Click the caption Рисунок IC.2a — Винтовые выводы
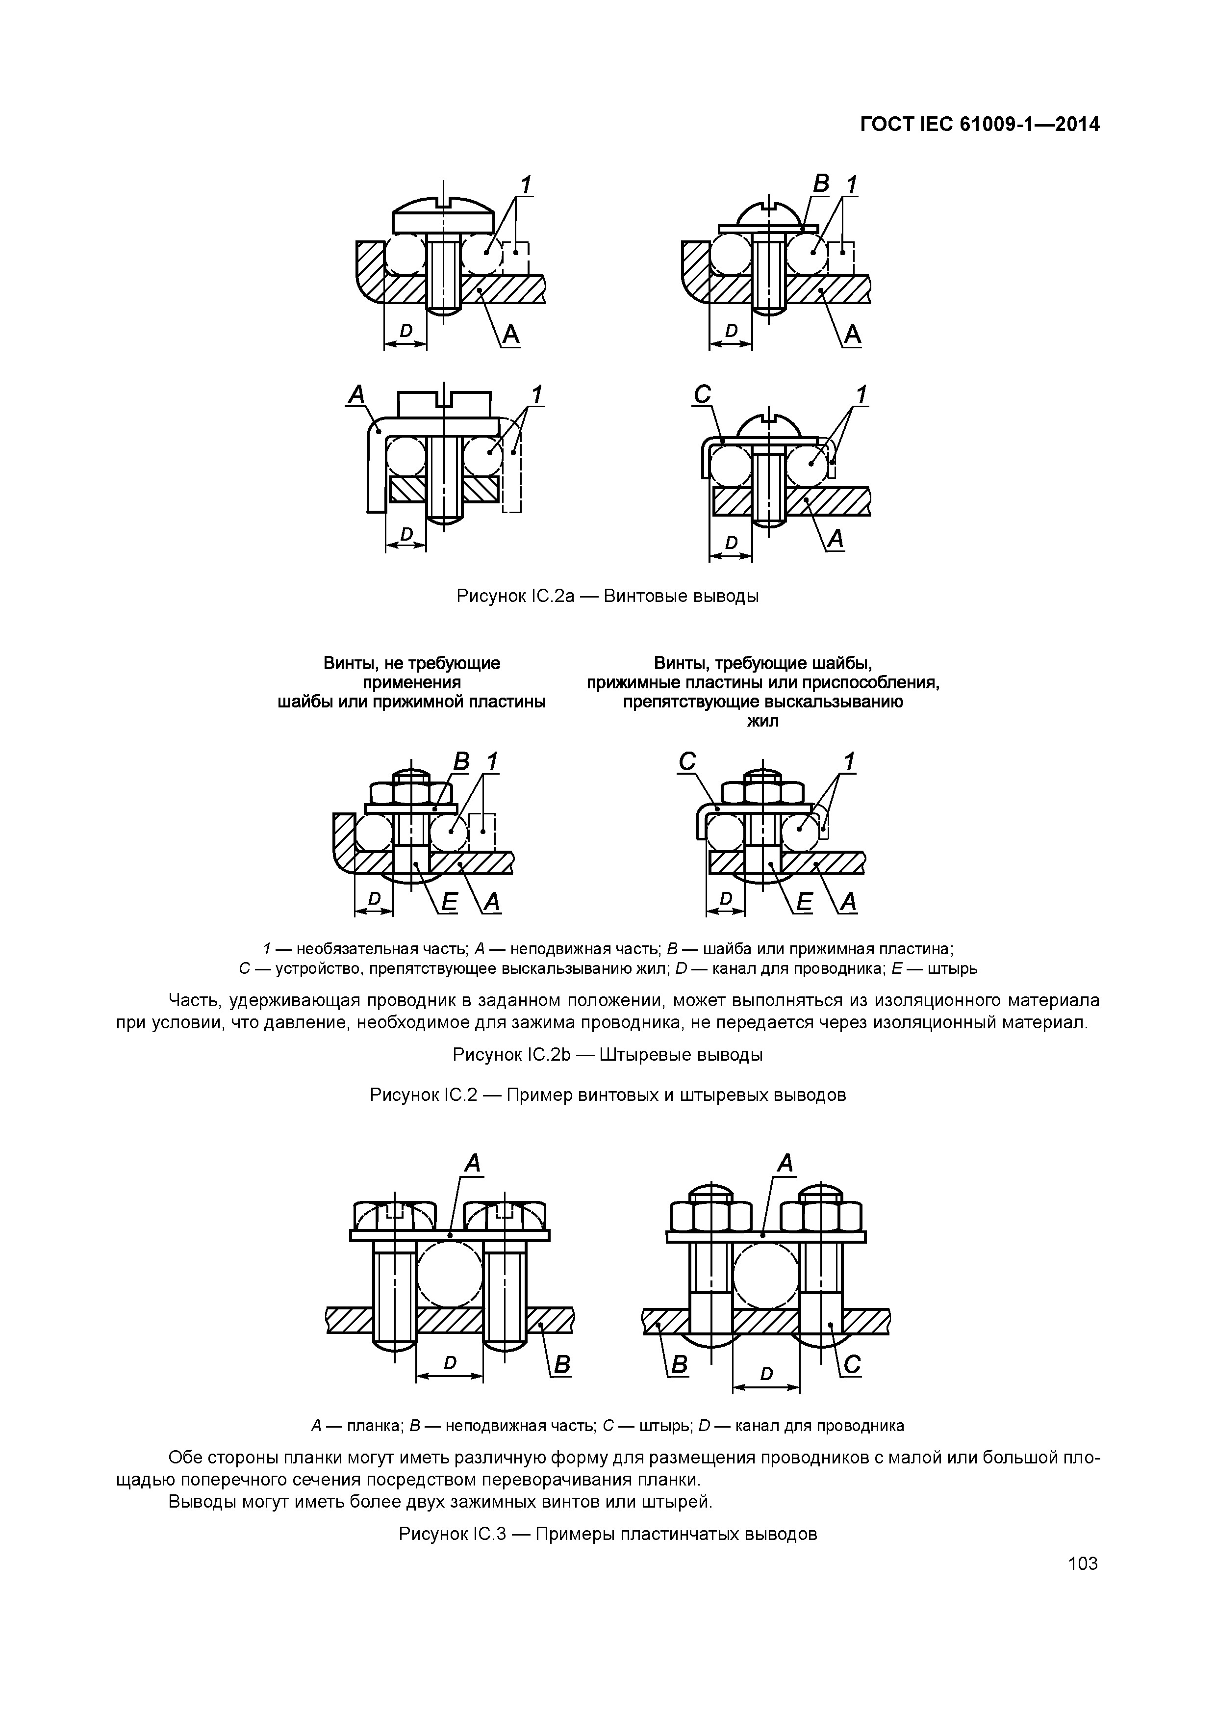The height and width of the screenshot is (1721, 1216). (x=608, y=596)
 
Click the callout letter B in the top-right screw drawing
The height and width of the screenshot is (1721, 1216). (x=821, y=183)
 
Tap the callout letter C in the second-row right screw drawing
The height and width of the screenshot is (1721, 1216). (x=702, y=394)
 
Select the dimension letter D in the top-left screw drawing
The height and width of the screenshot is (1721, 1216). (x=405, y=330)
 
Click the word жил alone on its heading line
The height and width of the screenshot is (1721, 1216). (x=763, y=721)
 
